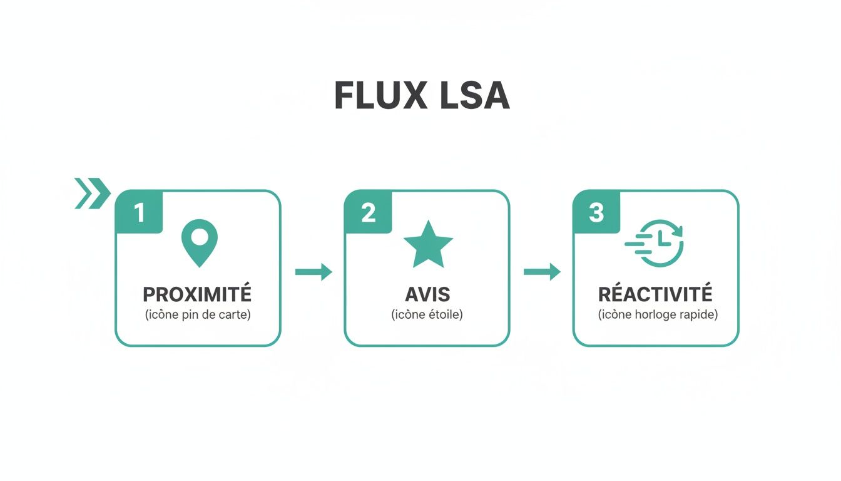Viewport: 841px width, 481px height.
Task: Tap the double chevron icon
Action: [x=91, y=193]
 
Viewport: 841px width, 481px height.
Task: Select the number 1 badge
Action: [x=139, y=212]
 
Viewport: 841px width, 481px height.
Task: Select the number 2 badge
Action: [x=368, y=212]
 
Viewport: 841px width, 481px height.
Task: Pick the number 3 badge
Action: [x=596, y=212]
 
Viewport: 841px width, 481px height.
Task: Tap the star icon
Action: [x=428, y=244]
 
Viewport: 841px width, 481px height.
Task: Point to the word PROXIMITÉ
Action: [x=197, y=294]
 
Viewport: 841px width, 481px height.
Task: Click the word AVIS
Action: [x=427, y=294]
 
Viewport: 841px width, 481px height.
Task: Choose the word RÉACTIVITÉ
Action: [x=655, y=294]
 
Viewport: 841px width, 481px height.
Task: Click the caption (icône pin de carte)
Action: [x=198, y=315]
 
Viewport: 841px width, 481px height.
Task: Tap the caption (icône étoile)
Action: [x=427, y=315]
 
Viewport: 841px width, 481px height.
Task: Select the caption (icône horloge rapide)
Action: [x=658, y=315]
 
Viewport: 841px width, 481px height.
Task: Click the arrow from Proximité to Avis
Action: [x=313, y=272]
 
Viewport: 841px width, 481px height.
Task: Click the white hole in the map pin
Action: [x=199, y=236]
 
